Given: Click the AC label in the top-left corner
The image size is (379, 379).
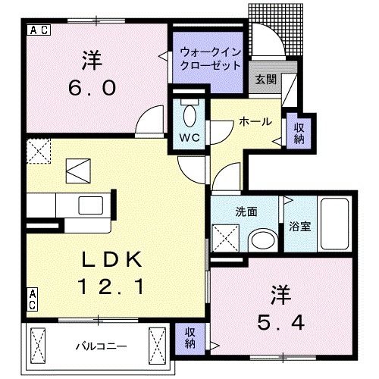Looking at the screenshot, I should point(39,30).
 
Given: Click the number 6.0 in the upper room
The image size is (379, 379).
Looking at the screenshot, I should point(89,88).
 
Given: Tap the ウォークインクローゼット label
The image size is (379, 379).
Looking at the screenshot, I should point(210,59).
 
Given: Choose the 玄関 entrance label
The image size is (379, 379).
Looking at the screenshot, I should point(265,80).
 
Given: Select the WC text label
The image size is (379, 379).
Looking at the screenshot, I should point(189,139).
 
